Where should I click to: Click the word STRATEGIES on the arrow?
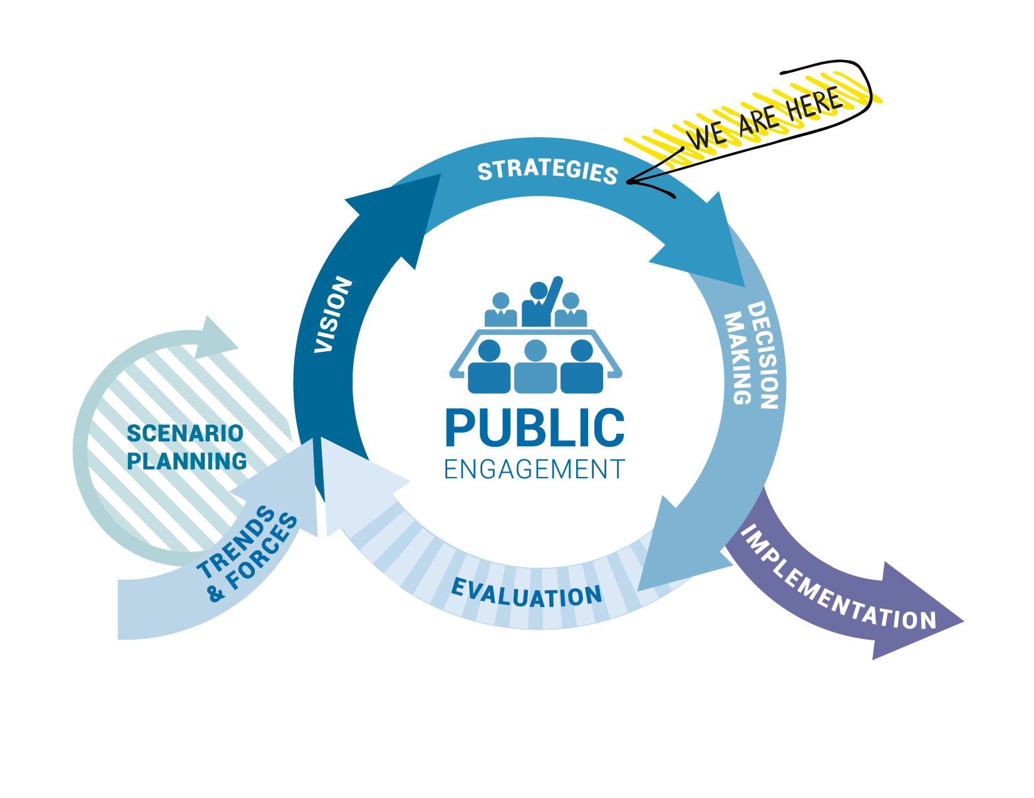[548, 171]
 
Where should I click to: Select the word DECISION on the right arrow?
[763, 355]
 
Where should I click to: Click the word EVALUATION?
[527, 594]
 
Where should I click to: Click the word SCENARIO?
[185, 433]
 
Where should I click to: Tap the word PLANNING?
[187, 461]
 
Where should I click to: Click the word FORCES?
[263, 551]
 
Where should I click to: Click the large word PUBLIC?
[534, 429]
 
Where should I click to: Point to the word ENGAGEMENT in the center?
[534, 469]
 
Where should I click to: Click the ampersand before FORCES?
[217, 593]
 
